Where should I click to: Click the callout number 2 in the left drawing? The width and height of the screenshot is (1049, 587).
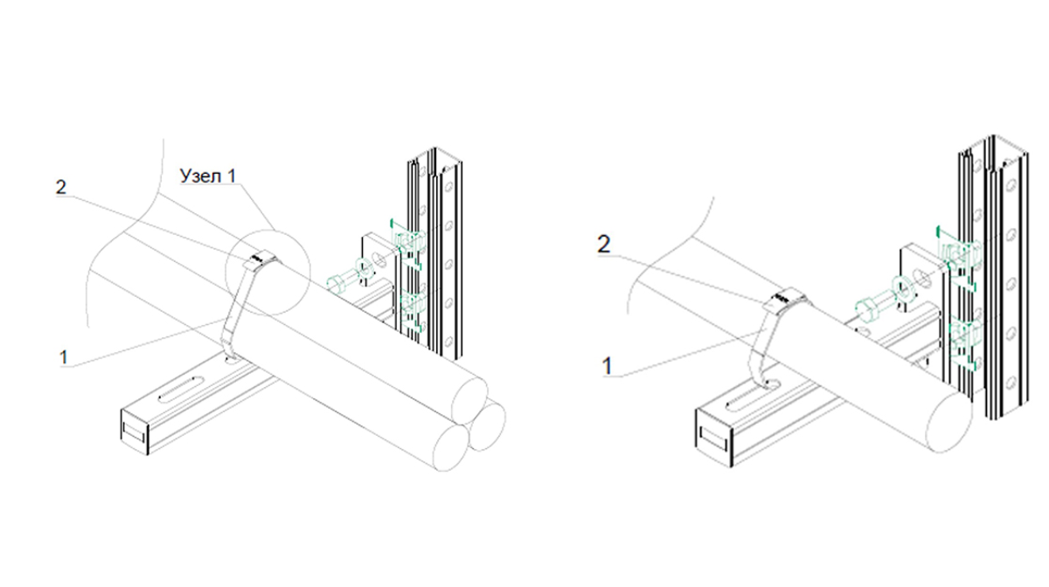click(x=59, y=187)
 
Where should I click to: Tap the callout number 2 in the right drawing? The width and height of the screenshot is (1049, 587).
click(x=603, y=245)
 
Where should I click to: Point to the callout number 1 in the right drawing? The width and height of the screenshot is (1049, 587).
click(x=607, y=366)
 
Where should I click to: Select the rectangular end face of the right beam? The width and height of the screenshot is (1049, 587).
click(x=713, y=435)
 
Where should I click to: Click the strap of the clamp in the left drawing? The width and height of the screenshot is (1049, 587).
click(x=233, y=306)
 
